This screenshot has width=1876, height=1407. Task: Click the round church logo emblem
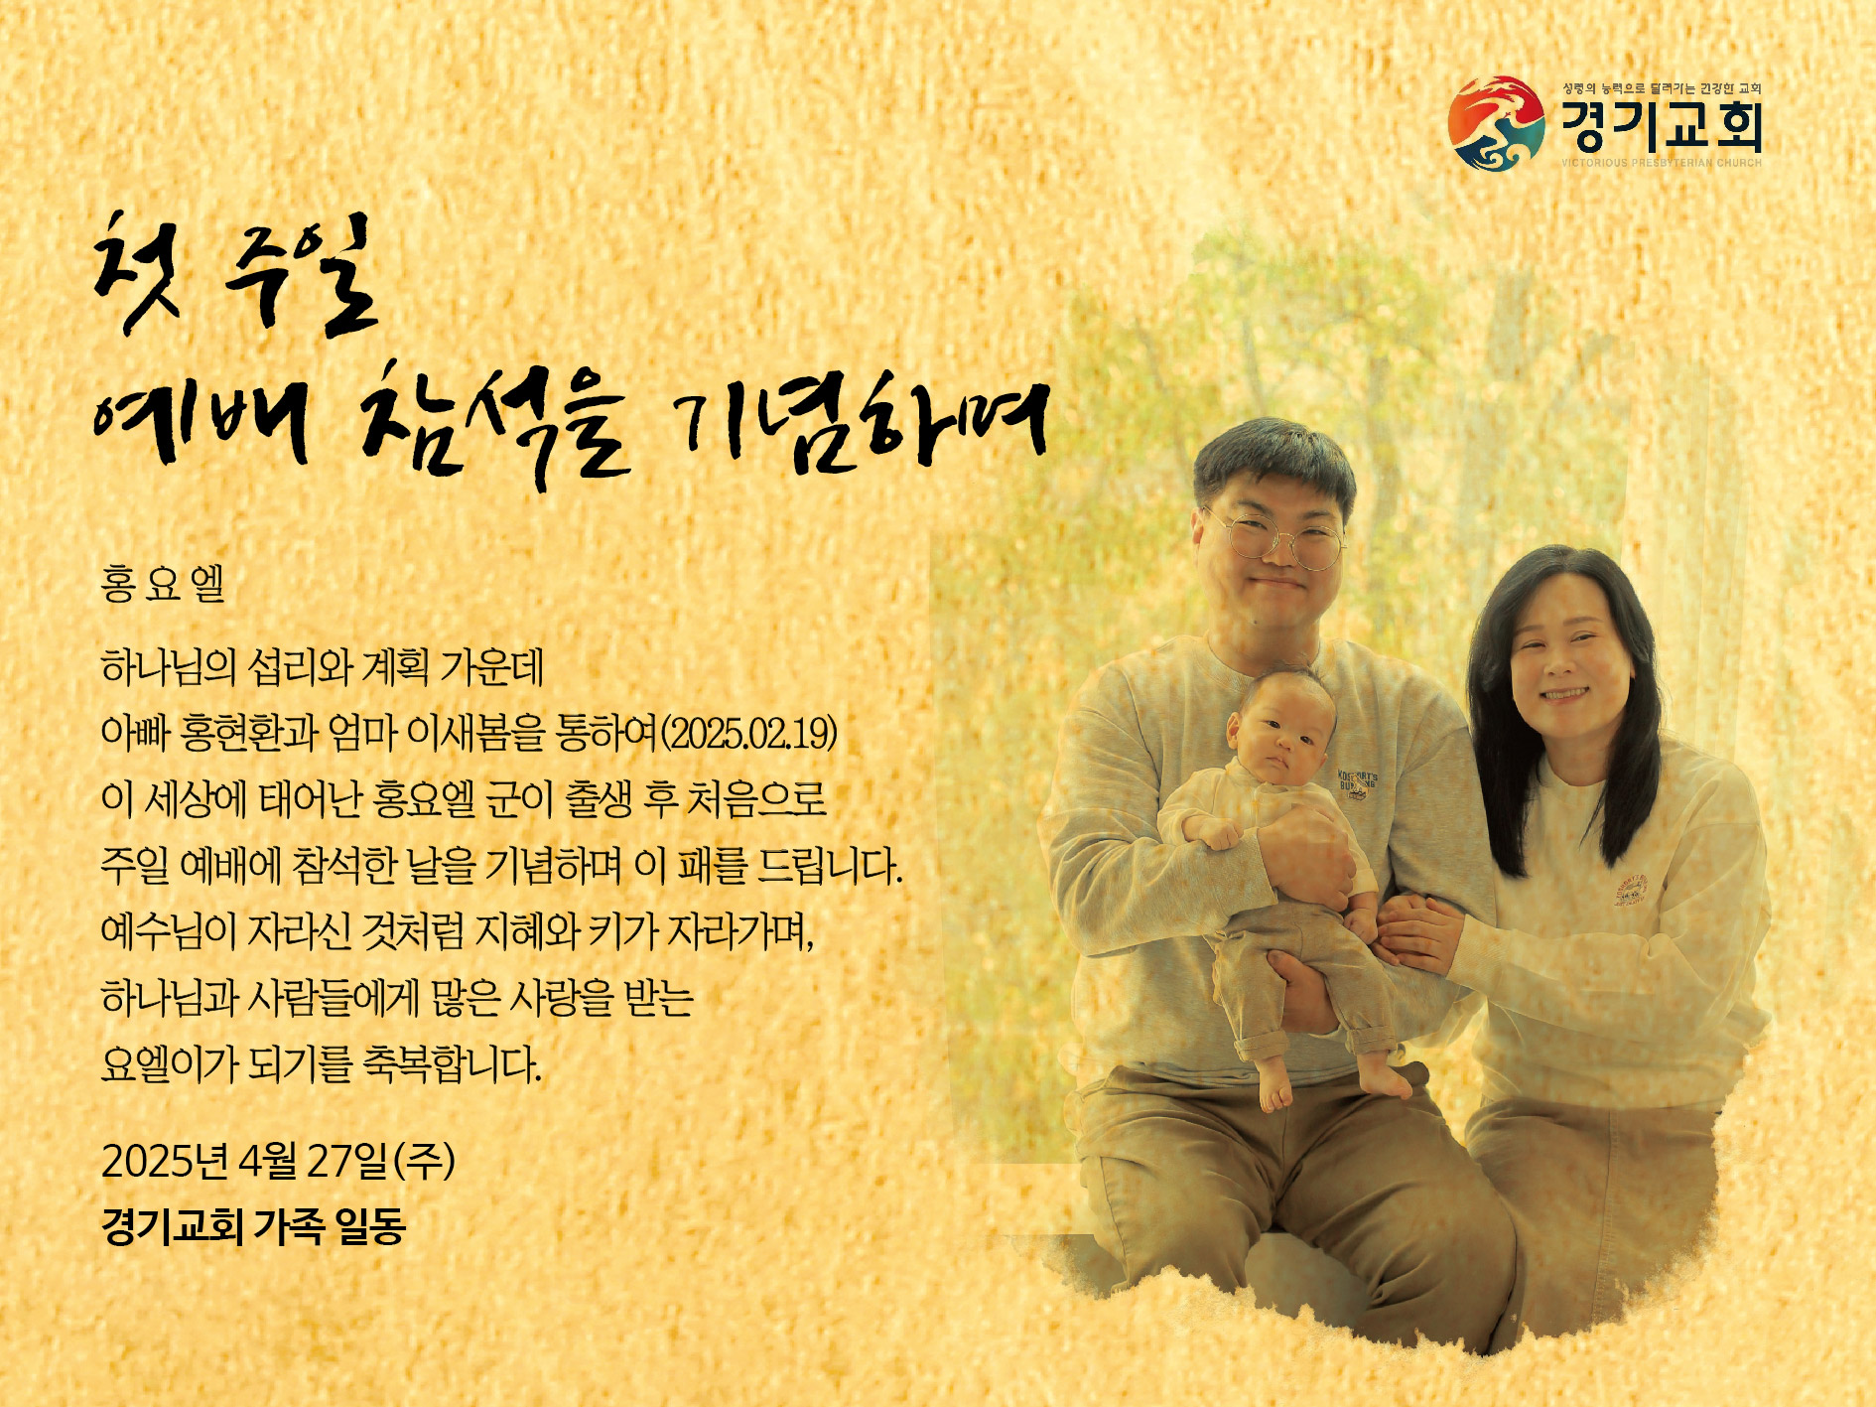click(x=1496, y=123)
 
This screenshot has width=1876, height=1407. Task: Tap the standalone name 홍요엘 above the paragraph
click(x=163, y=584)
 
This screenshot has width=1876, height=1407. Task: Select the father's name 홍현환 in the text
click(x=248, y=733)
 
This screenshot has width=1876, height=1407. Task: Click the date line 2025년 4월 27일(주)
click(x=279, y=1160)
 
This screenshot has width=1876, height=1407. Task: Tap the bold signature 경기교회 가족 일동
click(x=254, y=1227)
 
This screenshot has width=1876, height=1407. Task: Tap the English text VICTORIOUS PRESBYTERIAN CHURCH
click(x=1662, y=163)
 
